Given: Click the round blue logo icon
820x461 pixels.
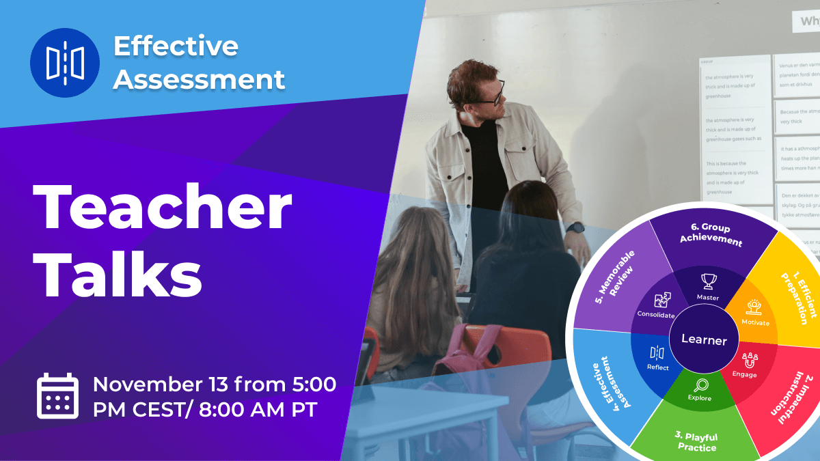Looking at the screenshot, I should click(x=65, y=63).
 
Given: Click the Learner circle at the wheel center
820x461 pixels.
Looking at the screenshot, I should click(x=704, y=339).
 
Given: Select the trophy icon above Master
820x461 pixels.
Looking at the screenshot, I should click(x=707, y=281).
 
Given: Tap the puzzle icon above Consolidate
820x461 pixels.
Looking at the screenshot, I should click(x=661, y=301).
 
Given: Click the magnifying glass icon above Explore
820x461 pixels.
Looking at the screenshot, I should click(x=700, y=385).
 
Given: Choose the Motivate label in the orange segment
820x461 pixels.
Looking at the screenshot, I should click(x=755, y=322).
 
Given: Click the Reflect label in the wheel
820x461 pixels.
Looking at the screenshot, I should click(x=657, y=367).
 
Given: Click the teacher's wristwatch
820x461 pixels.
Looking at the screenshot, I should click(x=575, y=227).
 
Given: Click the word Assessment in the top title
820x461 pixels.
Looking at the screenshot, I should click(x=199, y=79).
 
